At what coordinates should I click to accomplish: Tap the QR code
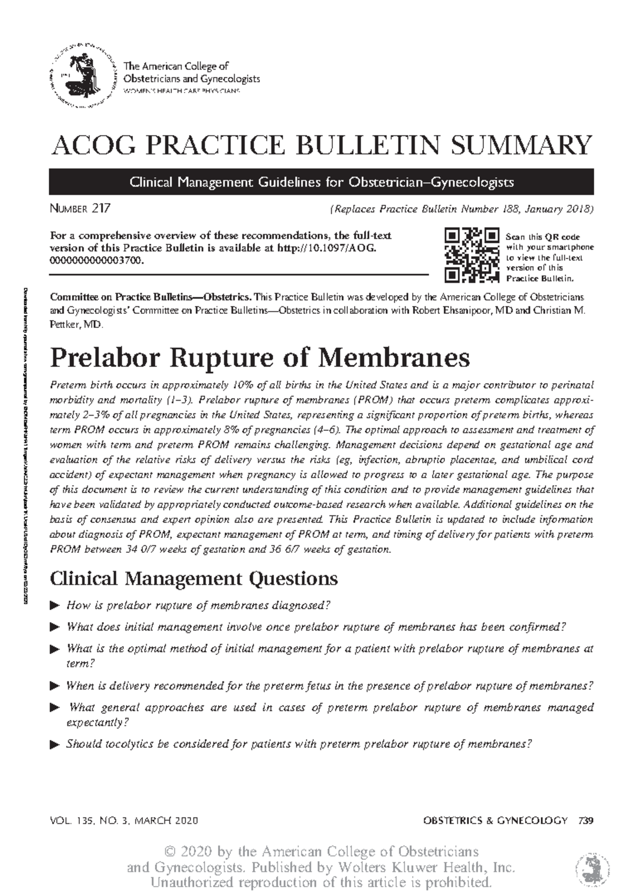coord(472,255)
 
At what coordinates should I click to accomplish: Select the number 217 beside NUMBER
coord(101,208)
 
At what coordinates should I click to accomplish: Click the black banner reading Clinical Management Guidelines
coord(321,182)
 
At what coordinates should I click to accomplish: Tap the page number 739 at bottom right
coord(586,820)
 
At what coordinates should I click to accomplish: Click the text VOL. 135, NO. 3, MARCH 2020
coord(124,821)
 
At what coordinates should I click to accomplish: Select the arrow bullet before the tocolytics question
coord(54,745)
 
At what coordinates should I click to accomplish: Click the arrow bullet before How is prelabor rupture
coord(54,606)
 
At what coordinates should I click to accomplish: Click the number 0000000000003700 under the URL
coord(96,260)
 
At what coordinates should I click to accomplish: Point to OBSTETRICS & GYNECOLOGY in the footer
coord(495,820)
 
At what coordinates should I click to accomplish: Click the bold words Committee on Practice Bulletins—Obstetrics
coord(149,297)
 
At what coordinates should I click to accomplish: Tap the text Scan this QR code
coord(542,237)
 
